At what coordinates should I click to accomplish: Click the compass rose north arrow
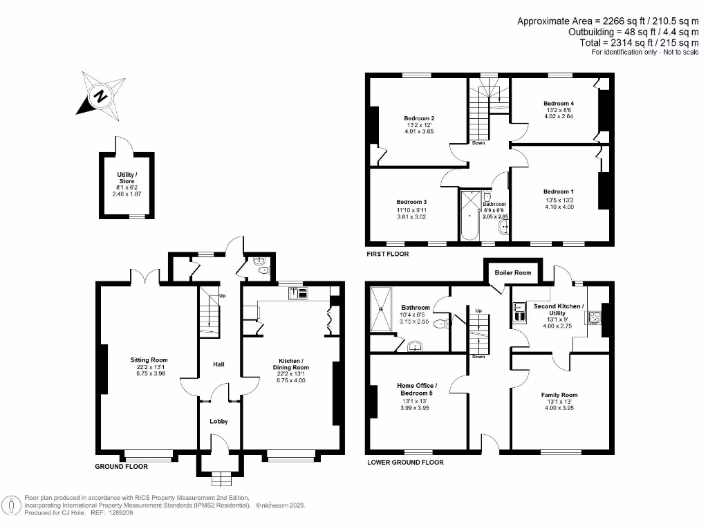pyautogui.click(x=101, y=95)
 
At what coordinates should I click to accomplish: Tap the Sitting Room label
pyautogui.click(x=149, y=360)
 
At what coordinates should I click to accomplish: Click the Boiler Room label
pyautogui.click(x=513, y=273)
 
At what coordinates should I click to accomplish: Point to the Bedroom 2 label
pyautogui.click(x=419, y=118)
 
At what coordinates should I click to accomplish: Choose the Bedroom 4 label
pyautogui.click(x=559, y=104)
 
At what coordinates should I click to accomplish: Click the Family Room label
pyautogui.click(x=559, y=395)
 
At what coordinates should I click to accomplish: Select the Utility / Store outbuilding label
pyautogui.click(x=127, y=178)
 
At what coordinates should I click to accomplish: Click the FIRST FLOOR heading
pyautogui.click(x=387, y=254)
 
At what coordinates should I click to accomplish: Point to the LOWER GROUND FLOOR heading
pyautogui.click(x=405, y=463)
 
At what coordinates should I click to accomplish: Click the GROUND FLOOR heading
pyautogui.click(x=121, y=467)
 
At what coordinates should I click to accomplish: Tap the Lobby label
pyautogui.click(x=218, y=422)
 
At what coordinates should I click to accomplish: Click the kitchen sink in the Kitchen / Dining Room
pyautogui.click(x=299, y=293)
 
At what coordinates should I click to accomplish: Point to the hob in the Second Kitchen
pyautogui.click(x=593, y=318)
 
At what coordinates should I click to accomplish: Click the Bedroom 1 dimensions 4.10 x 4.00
pyautogui.click(x=559, y=207)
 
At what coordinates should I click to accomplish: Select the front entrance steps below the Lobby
pyautogui.click(x=220, y=478)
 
